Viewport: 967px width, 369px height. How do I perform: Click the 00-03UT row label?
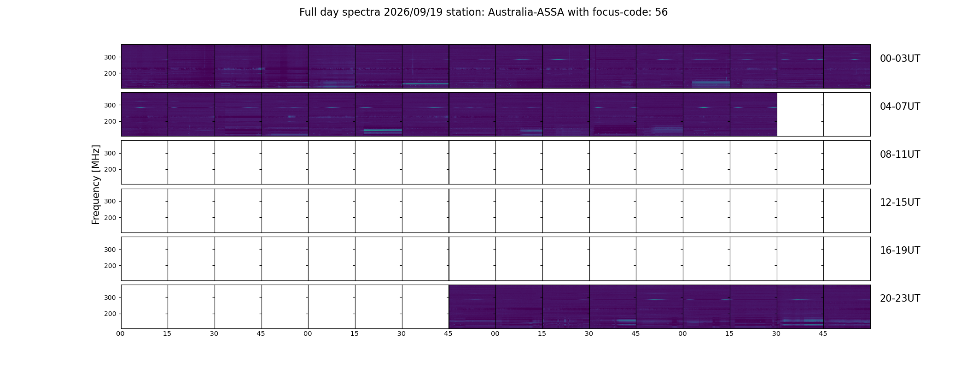point(900,59)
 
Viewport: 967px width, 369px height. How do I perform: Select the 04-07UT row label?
point(900,107)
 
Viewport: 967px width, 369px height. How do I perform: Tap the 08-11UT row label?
point(900,155)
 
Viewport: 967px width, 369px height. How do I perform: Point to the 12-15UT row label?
point(900,202)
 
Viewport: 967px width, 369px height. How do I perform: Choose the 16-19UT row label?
point(900,250)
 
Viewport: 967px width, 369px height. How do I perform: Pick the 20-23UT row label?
point(900,298)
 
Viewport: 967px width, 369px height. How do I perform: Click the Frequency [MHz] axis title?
point(96,184)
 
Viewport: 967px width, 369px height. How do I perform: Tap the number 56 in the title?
point(661,12)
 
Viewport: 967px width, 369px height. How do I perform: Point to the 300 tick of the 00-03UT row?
point(110,57)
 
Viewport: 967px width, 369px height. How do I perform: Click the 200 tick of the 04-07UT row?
point(110,121)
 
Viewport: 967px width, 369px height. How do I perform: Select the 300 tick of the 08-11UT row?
point(110,153)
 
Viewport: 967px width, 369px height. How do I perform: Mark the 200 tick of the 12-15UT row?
point(110,218)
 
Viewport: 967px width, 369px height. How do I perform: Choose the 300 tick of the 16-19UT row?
point(110,250)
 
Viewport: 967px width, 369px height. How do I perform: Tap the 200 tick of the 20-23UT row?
point(110,314)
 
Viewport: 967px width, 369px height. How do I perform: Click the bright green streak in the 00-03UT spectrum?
point(425,83)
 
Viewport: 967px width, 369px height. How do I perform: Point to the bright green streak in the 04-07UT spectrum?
point(383,131)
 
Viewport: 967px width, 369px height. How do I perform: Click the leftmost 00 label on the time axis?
point(121,333)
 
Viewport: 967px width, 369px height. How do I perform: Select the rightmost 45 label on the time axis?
point(823,333)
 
